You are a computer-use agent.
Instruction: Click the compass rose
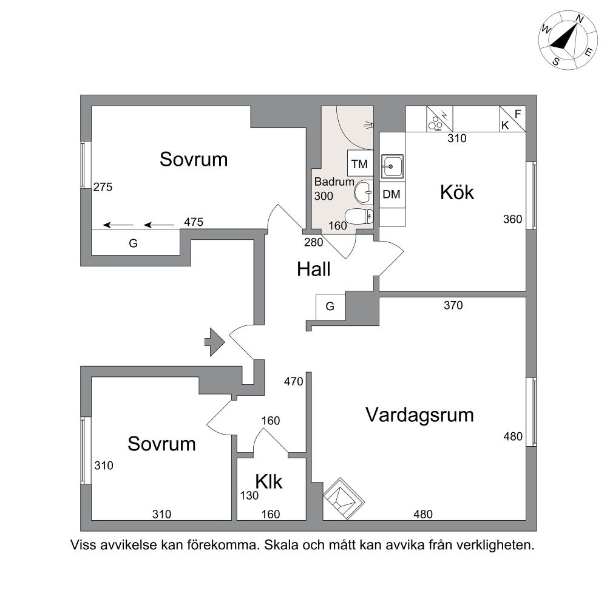tap(568, 41)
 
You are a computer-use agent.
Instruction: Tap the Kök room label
tap(457, 192)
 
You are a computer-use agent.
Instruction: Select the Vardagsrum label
tap(419, 415)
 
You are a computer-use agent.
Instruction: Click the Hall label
tap(314, 269)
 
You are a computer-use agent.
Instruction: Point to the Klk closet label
tap(269, 481)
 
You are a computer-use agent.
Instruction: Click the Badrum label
tap(334, 181)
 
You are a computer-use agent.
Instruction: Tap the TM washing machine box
tap(360, 164)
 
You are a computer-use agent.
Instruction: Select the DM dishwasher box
tap(392, 194)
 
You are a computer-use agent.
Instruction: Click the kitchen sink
tap(392, 166)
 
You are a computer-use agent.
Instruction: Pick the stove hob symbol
tap(439, 119)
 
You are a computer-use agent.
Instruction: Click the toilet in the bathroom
tap(359, 217)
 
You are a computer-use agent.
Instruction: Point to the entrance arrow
tap(215, 342)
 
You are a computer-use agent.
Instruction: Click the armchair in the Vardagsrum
tap(344, 498)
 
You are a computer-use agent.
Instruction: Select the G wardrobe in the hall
tap(330, 307)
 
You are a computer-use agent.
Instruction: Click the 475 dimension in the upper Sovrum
tap(194, 222)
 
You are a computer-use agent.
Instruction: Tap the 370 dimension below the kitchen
tap(453, 305)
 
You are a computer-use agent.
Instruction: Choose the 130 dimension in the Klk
tap(249, 495)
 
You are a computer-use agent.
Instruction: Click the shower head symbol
tap(369, 124)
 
